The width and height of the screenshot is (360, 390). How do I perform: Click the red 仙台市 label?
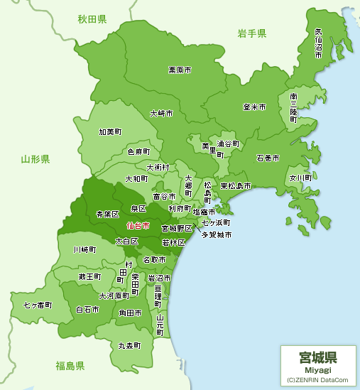[x=138, y=225]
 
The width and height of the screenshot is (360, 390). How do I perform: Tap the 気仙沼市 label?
[x=318, y=43]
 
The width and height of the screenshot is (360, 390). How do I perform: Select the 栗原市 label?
[x=180, y=70]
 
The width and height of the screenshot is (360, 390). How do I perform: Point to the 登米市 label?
[x=253, y=107]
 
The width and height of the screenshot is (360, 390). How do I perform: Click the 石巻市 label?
[x=268, y=157]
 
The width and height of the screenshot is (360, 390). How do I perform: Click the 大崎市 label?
[x=161, y=113]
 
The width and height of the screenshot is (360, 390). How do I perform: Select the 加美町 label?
[x=110, y=131]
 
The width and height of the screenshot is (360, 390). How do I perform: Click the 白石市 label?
[x=87, y=310]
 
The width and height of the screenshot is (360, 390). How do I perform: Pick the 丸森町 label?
[x=129, y=345]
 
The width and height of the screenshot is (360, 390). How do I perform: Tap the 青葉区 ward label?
[x=107, y=213]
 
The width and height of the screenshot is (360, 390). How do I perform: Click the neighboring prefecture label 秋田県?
[x=92, y=19]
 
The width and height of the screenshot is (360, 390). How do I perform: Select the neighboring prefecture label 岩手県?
[x=252, y=33]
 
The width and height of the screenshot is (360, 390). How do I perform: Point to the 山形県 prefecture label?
[x=36, y=159]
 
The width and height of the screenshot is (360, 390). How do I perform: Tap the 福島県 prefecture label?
[x=70, y=366]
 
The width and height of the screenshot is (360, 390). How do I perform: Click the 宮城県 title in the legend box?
[x=317, y=357]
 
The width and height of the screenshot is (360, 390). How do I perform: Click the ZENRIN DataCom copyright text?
[x=317, y=380]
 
